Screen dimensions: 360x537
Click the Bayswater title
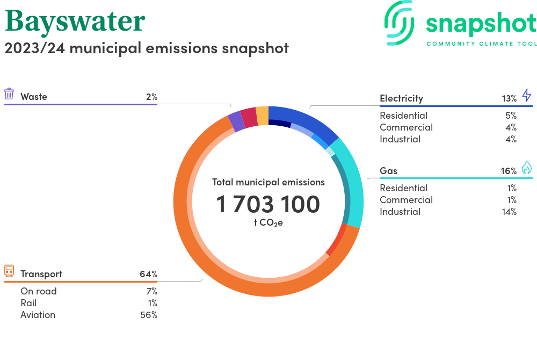pyautogui.click(x=75, y=21)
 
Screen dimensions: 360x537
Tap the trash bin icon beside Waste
pyautogui.click(x=9, y=94)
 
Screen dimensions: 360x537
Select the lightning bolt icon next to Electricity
pyautogui.click(x=526, y=96)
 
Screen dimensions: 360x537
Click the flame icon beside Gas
pyautogui.click(x=526, y=168)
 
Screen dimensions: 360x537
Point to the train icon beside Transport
pyautogui.click(x=9, y=271)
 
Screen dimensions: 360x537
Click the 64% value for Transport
pyautogui.click(x=148, y=274)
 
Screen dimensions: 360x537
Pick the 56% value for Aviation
pyautogui.click(x=148, y=315)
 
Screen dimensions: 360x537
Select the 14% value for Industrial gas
pyautogui.click(x=509, y=212)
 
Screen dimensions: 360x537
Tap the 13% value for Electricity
pyautogui.click(x=509, y=98)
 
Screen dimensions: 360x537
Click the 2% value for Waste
pyautogui.click(x=151, y=97)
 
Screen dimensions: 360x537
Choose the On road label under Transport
pyautogui.click(x=39, y=291)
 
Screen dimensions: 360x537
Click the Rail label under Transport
pyautogui.click(x=28, y=303)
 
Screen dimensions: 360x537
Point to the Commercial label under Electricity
pyautogui.click(x=406, y=127)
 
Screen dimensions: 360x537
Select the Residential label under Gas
pyautogui.click(x=403, y=188)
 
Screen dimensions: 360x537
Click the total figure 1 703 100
pyautogui.click(x=268, y=204)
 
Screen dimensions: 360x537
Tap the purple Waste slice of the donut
pyautogui.click(x=235, y=121)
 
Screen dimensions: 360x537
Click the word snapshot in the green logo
pyautogui.click(x=481, y=24)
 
